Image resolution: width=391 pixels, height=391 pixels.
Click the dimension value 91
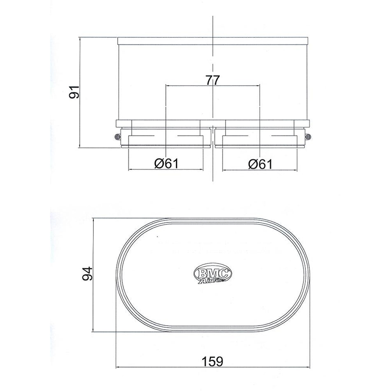click(x=74, y=93)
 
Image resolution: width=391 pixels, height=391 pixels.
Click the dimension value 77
click(x=212, y=80)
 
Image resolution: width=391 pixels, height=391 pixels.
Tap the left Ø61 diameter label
click(x=166, y=163)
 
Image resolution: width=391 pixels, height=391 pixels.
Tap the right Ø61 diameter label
click(x=260, y=163)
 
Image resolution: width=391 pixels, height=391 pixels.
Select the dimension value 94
click(x=87, y=274)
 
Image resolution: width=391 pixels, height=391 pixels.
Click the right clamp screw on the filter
click(x=307, y=137)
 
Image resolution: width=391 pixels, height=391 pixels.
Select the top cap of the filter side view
click(x=212, y=41)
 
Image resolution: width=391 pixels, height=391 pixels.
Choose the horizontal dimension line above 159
click(x=165, y=365)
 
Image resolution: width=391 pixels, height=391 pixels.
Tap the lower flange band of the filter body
click(x=212, y=123)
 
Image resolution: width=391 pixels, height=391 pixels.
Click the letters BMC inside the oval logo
click(x=213, y=272)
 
